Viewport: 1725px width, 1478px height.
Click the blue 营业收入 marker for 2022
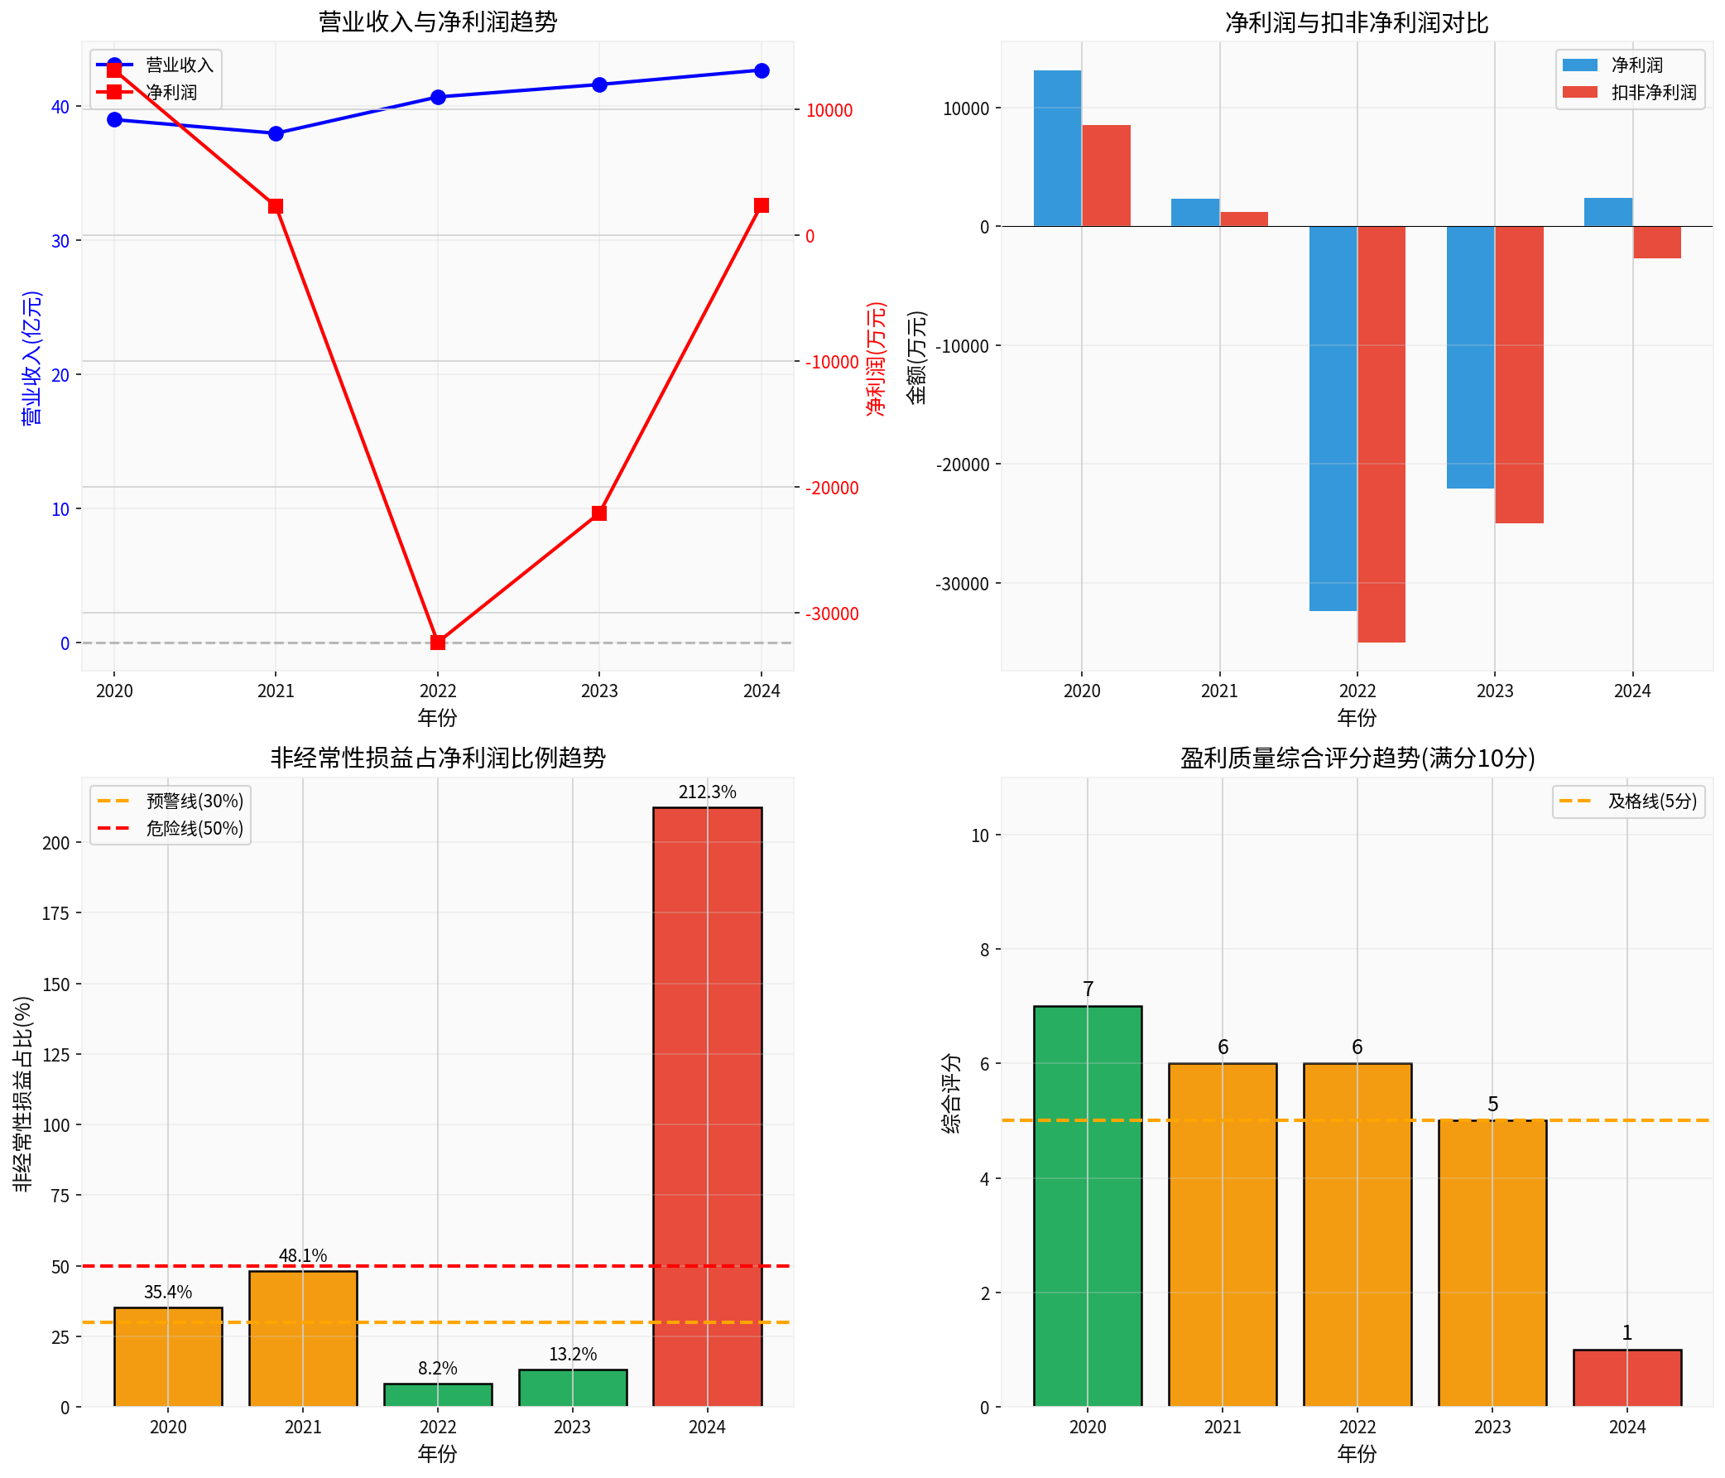pos(438,98)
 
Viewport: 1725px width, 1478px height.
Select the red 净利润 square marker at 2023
pos(599,513)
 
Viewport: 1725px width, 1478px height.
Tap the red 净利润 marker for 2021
pos(276,206)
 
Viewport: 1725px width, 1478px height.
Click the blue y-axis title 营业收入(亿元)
pos(31,358)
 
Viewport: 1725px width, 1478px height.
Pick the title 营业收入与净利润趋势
pos(438,22)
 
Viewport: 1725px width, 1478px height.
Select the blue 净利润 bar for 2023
pos(1470,357)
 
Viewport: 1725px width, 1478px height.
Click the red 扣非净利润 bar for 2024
pos(1657,243)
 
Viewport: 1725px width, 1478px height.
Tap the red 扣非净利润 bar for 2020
pos(1107,176)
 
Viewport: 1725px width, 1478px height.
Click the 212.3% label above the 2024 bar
pos(707,792)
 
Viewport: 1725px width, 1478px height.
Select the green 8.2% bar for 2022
pos(438,1395)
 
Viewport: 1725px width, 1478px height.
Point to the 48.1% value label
pos(303,1255)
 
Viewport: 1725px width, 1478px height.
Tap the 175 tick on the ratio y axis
pos(55,913)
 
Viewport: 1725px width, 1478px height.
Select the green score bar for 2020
pos(1088,1206)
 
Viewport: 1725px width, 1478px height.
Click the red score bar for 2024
pos(1626,1378)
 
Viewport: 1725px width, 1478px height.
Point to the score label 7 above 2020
pos(1088,989)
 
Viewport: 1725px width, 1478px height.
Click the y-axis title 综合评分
pos(951,1093)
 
